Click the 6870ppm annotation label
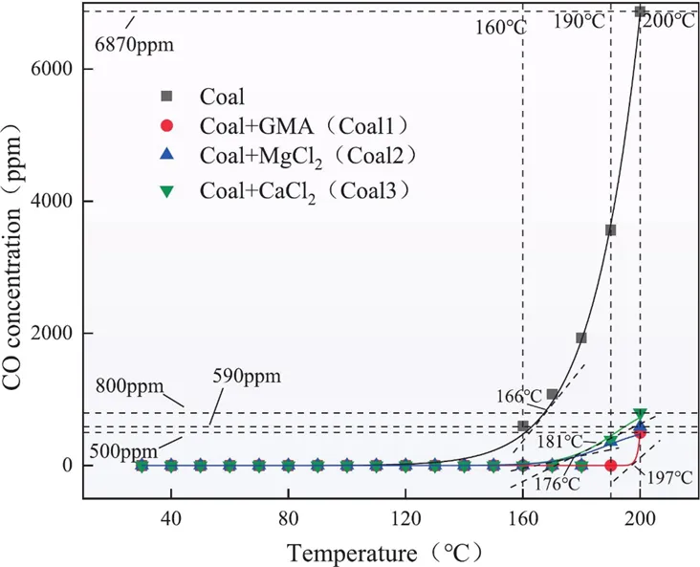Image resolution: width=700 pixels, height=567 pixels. pos(135,45)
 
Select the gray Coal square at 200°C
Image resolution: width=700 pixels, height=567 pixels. pos(640,11)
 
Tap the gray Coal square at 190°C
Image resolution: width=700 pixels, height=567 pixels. pos(611,229)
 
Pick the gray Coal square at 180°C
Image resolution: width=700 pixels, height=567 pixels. pos(581,338)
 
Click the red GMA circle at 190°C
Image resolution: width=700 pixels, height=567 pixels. pos(611,466)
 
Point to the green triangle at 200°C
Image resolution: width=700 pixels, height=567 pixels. pos(640,414)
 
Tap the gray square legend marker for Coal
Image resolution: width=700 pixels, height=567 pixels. pos(167,96)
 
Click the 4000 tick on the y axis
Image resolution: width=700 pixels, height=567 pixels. pos(51,201)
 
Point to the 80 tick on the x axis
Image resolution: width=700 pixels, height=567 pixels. pos(289,519)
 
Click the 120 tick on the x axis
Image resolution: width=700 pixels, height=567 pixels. pos(405,519)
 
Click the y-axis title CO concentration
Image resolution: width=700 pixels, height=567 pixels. pos(12,263)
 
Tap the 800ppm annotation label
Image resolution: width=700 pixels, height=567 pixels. pos(129,385)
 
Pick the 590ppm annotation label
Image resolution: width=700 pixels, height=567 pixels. pos(247,377)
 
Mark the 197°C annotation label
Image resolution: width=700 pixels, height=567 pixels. pos(668,478)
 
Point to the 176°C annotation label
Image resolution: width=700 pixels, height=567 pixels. pos(558,484)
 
